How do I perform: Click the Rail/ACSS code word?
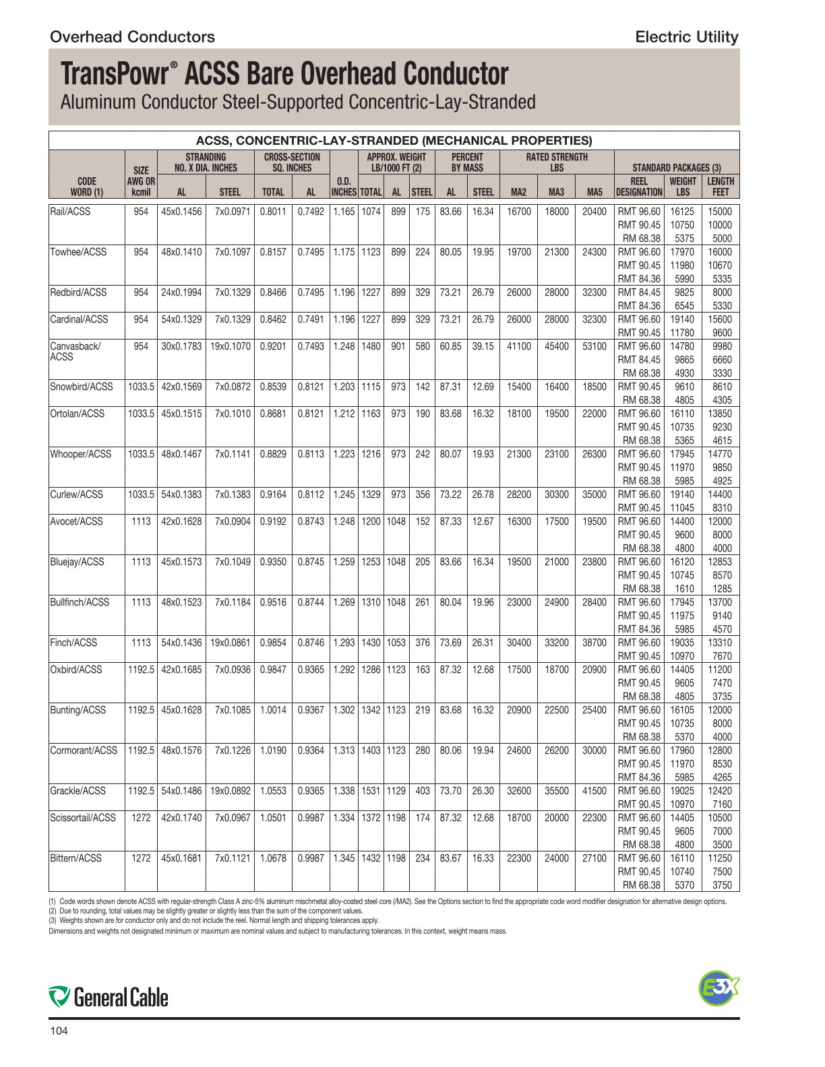pyautogui.click(x=70, y=212)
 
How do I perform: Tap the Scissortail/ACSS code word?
pyautogui.click(x=83, y=818)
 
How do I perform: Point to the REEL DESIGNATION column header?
pyautogui.click(x=639, y=187)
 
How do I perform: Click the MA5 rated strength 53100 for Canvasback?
pyautogui.click(x=594, y=346)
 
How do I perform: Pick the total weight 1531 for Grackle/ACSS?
pyautogui.click(x=371, y=791)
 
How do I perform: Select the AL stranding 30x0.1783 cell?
pyautogui.click(x=181, y=346)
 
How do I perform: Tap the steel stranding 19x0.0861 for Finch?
pyautogui.click(x=231, y=643)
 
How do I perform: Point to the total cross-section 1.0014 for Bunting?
pyautogui.click(x=273, y=710)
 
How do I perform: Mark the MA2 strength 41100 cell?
pyautogui.click(x=519, y=346)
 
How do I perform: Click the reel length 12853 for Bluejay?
pyautogui.click(x=720, y=562)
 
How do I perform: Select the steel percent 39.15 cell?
pyautogui.click(x=483, y=346)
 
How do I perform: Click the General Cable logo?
pyautogui.click(x=109, y=997)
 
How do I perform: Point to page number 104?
pyautogui.click(x=59, y=1031)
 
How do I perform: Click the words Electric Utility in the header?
pyautogui.click(x=687, y=37)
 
